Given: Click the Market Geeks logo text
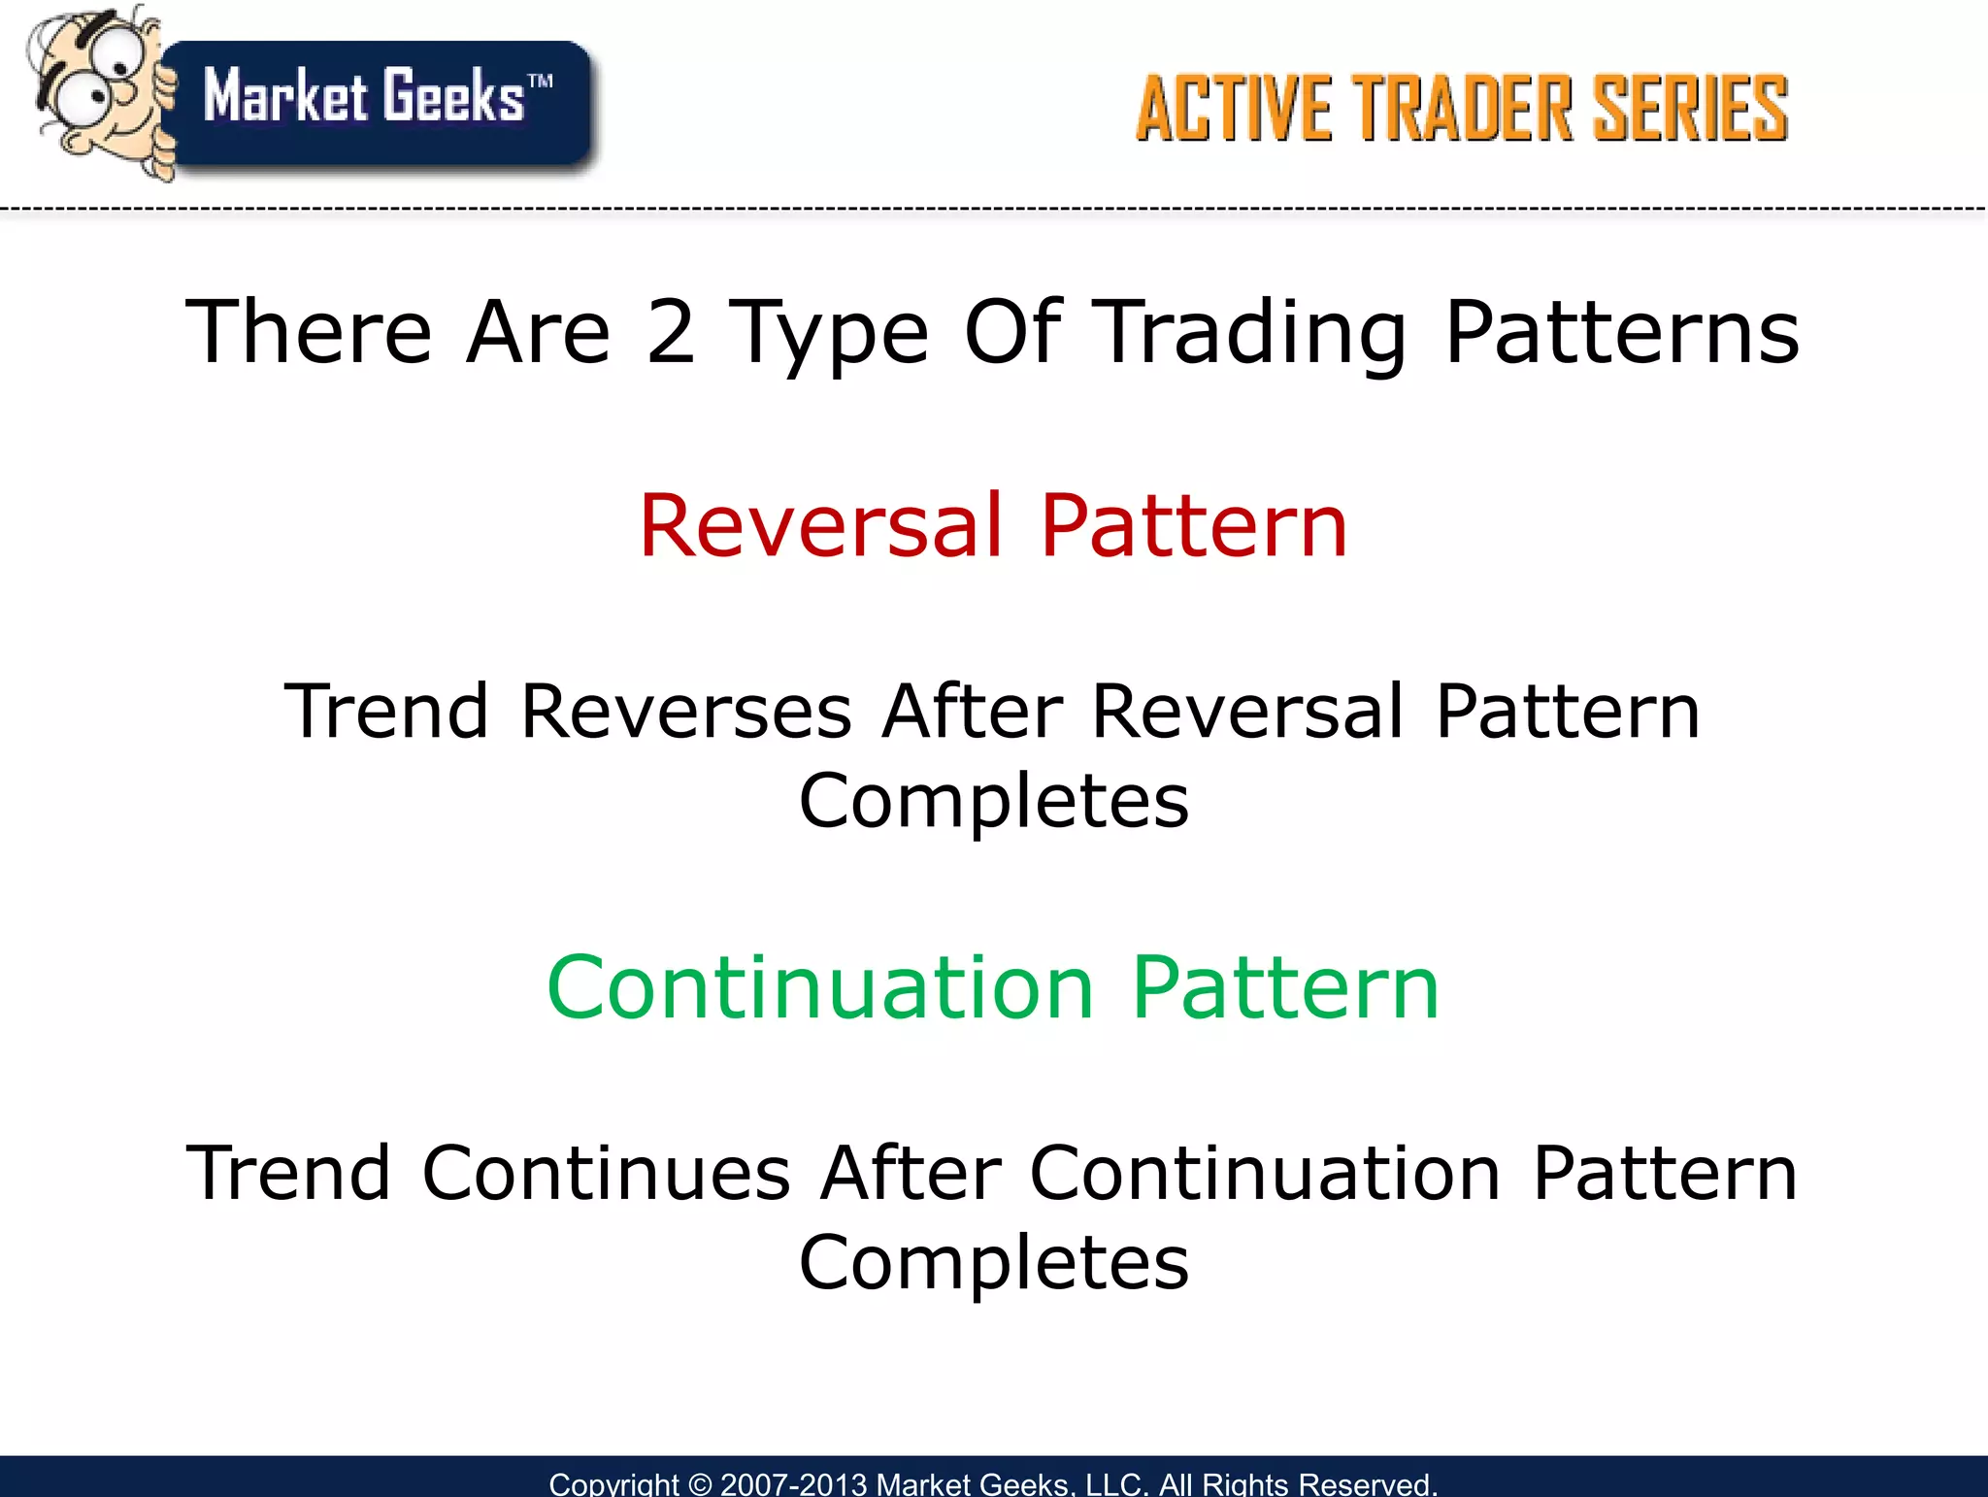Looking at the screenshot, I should [364, 97].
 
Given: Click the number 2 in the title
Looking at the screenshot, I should [671, 333].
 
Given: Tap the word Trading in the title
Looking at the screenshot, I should [1253, 333].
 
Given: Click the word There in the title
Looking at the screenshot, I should [309, 333].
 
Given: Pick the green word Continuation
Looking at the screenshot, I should [820, 988].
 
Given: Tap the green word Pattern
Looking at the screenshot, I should [1285, 988].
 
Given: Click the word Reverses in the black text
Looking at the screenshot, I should [685, 712].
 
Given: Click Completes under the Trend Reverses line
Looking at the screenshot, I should [994, 802].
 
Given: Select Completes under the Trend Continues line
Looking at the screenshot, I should [994, 1264].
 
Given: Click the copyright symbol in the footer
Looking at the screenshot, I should [699, 1484].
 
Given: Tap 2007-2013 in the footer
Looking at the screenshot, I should [793, 1484].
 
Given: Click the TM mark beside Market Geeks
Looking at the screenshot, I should [541, 81].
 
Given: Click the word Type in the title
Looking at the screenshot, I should [829, 333].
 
